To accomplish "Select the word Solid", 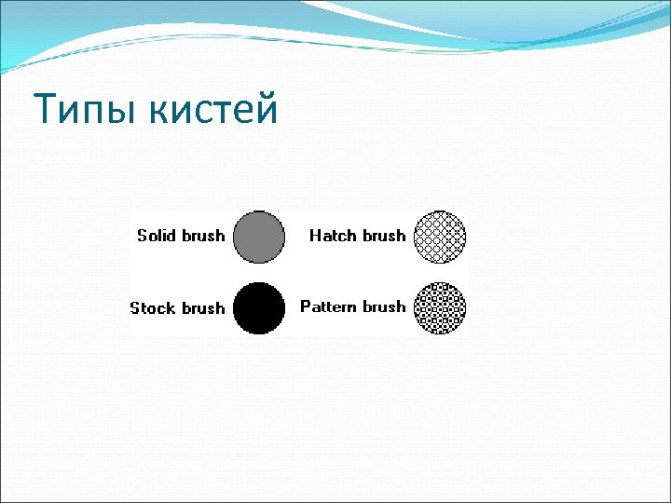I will pos(157,235).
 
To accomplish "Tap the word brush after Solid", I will pos(203,235).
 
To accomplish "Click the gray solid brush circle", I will pos(258,237).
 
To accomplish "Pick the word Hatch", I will pos(332,236).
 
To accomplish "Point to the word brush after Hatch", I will pos(383,236).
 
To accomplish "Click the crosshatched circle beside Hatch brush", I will pos(439,237).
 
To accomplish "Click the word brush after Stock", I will pos(203,307).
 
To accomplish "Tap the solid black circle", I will pos(258,308).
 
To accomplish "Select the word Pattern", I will pos(329,306).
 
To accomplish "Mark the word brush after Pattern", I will pos(384,306).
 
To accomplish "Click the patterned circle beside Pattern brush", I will pos(439,308).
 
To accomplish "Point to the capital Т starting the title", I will pos(44,110).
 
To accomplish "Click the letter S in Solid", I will pos(142,235).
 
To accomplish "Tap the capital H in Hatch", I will pos(315,236).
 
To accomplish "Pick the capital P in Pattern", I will pos(305,306).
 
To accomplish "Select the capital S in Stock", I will pos(135,307).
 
